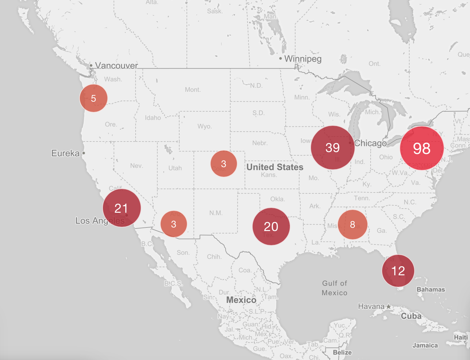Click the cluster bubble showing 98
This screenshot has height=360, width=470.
pos(422,148)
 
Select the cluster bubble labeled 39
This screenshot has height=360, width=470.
pos(332,148)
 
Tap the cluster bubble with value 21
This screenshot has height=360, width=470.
pos(122,208)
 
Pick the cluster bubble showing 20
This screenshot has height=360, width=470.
pos(271,227)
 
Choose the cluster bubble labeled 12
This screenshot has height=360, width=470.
pos(398,271)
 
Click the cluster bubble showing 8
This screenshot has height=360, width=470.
pos(352,225)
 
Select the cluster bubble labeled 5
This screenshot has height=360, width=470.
pos(93,98)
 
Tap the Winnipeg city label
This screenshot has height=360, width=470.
pos(303,59)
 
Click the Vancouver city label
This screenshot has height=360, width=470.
pos(116,66)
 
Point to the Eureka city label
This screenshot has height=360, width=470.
pos(65,153)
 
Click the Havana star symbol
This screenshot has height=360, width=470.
pos(389,306)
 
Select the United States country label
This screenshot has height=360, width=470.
pos(275,167)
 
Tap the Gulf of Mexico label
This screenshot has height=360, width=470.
pos(334,288)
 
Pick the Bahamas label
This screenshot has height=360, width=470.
pos(431,289)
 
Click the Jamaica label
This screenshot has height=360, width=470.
pos(425,346)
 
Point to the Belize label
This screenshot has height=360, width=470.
pos(342,352)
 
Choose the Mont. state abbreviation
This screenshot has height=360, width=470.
pos(193,90)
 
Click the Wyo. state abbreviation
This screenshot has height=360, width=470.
pos(205,126)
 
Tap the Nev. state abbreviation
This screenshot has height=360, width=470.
pos(136,166)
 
